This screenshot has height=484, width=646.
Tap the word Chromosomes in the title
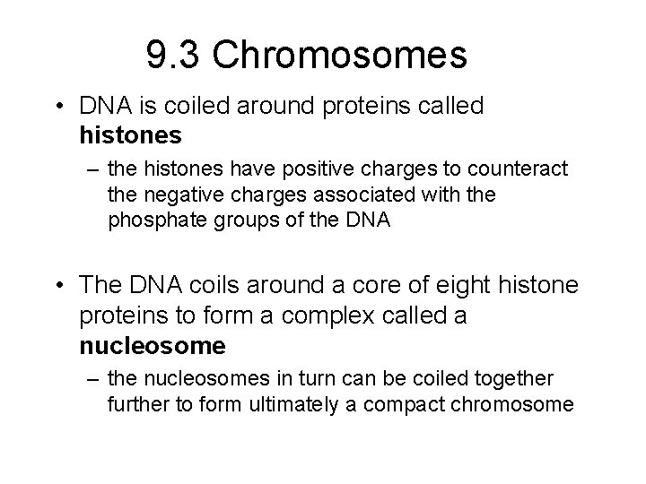(340, 56)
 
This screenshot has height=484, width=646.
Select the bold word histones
(131, 135)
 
